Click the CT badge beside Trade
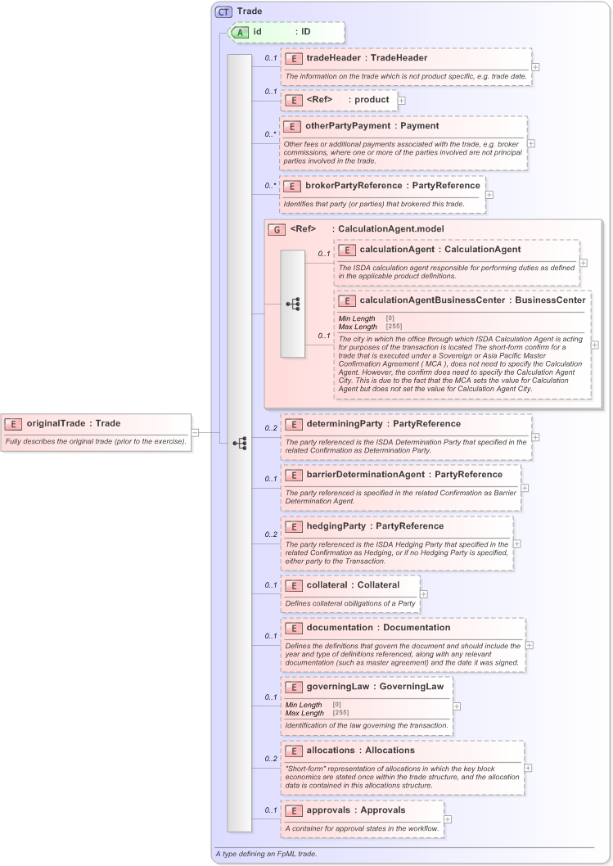223,11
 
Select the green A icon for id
242,32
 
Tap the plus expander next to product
402,100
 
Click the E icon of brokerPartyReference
291,186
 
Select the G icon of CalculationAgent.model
277,228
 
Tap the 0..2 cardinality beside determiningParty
270,428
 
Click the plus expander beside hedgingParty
517,544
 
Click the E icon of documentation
292,628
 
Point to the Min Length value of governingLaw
336,704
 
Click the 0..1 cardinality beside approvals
270,810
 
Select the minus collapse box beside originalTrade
196,432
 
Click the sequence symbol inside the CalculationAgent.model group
292,304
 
